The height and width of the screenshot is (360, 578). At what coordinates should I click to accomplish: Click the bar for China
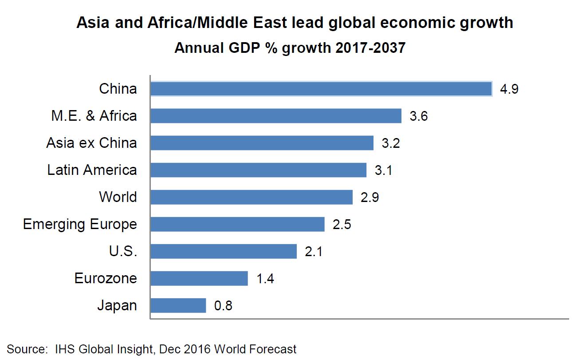click(321, 89)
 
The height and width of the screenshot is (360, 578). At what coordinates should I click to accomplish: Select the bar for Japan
click(178, 305)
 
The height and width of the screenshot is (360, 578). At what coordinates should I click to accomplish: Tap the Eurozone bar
click(199, 278)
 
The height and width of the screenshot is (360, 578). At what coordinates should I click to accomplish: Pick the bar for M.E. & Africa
click(276, 116)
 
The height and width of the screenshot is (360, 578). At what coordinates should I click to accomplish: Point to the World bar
click(252, 197)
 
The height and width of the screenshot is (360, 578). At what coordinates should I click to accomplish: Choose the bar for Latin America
click(259, 170)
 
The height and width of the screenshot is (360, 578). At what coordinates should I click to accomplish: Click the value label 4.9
click(509, 89)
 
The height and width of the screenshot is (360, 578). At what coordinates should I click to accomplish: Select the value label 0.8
click(223, 306)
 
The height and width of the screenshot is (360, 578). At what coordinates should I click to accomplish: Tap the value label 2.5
click(342, 225)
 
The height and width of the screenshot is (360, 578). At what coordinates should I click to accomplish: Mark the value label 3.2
click(391, 143)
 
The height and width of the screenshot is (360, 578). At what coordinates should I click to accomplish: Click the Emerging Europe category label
click(80, 225)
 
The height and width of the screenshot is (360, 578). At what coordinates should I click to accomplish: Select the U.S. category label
click(123, 252)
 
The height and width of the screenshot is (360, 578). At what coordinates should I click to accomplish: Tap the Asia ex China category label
click(91, 143)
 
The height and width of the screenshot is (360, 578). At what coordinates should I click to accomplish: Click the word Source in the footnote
click(25, 349)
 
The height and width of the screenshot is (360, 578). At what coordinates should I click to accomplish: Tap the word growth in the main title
click(482, 24)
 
